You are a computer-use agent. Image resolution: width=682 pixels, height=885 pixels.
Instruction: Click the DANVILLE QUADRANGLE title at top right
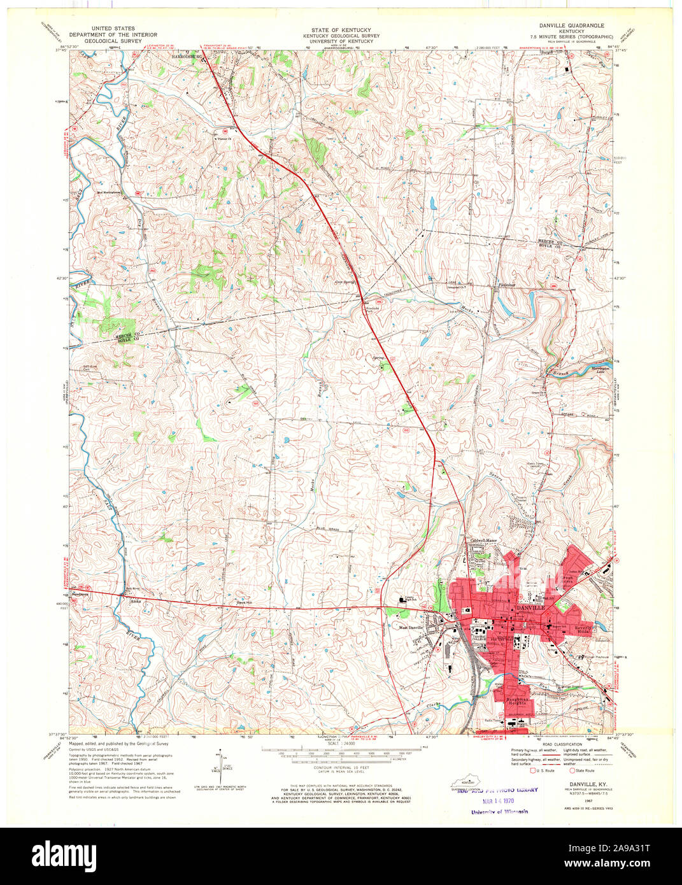(567, 25)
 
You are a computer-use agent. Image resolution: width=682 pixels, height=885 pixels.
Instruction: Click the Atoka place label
(135, 600)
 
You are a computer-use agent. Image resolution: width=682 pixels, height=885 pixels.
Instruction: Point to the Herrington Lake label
(602, 369)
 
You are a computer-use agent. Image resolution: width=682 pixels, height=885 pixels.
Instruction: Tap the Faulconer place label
(507, 285)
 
